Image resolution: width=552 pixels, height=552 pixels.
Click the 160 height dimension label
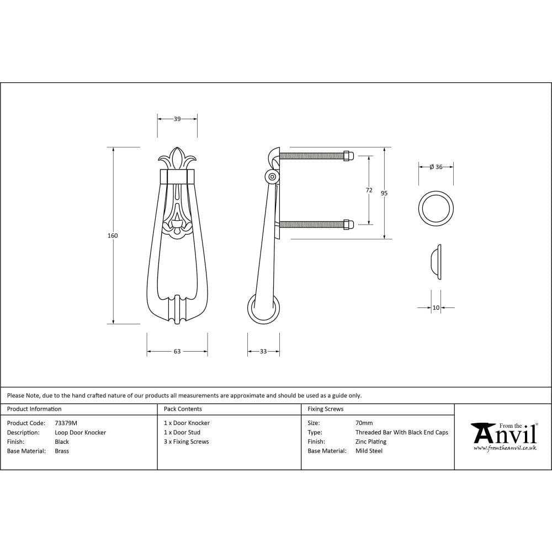click(113, 236)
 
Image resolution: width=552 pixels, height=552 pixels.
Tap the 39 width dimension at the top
click(177, 119)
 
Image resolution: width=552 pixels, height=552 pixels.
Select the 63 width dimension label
click(177, 351)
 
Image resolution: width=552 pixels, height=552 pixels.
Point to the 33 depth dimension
click(263, 351)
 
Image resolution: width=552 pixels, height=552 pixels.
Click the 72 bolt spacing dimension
click(369, 190)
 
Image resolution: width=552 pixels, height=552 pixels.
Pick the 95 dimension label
click(384, 193)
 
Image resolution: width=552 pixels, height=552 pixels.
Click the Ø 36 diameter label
click(436, 167)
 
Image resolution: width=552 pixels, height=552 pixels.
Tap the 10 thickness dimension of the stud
click(436, 307)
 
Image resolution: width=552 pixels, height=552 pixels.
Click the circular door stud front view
click(436, 209)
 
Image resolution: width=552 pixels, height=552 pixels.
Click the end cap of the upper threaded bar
click(348, 156)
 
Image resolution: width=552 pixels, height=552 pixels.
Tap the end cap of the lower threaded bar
click(348, 224)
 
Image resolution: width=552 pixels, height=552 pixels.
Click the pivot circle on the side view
click(272, 177)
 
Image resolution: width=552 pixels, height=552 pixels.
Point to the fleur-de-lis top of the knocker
click(177, 158)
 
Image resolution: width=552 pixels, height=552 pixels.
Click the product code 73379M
click(66, 423)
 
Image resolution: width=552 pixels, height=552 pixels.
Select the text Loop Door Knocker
click(81, 432)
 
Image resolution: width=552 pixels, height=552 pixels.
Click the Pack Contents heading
click(183, 409)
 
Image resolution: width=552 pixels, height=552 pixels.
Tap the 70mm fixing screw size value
click(364, 423)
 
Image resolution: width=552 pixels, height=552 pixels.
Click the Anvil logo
click(503, 435)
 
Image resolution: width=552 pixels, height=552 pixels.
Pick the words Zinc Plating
click(371, 442)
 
